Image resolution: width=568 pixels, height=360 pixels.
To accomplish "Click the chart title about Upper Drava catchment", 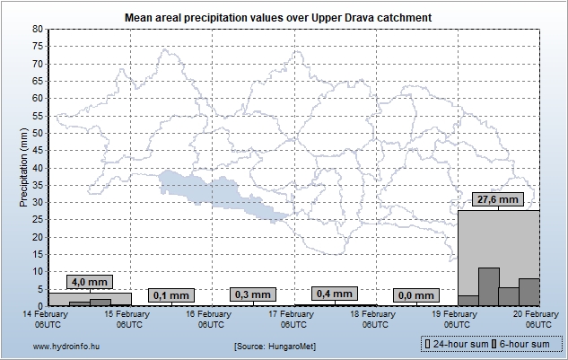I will coord(284,17).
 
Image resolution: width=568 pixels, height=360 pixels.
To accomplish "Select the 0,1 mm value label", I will coord(170,294).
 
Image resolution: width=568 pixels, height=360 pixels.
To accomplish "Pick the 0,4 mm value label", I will coord(334,294).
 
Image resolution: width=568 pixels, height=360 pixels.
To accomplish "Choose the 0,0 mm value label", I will coord(415,294).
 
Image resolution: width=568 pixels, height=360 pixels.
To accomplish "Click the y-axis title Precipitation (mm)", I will coord(24,167).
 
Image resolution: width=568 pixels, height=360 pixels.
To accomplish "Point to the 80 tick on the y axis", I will coord(38,29).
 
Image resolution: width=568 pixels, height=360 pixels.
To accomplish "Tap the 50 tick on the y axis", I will coord(38,133).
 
